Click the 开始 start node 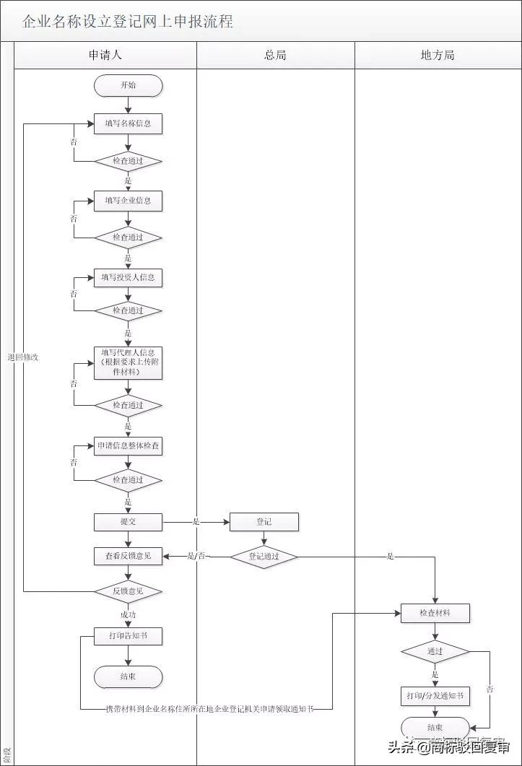pos(128,86)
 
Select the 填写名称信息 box pos(128,123)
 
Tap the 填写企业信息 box pos(128,201)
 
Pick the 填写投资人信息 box pos(128,277)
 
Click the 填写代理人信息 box pos(128,362)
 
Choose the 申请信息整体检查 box pos(128,446)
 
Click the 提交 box pos(128,521)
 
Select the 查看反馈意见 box pos(128,556)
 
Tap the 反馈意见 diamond pos(128,591)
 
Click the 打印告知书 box pos(128,636)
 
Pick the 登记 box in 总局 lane pos(264,521)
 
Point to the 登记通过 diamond pos(264,557)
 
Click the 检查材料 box pos(435,613)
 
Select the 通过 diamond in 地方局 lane pos(435,651)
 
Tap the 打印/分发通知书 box pos(435,696)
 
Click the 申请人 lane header pos(105,55)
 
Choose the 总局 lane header pos(275,55)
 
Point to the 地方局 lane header pos(438,55)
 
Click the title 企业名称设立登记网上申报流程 pos(128,21)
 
